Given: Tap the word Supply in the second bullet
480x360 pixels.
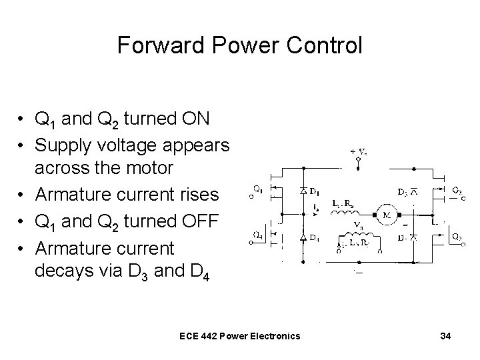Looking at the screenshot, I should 59,144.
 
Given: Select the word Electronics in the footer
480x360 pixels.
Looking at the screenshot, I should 275,336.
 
